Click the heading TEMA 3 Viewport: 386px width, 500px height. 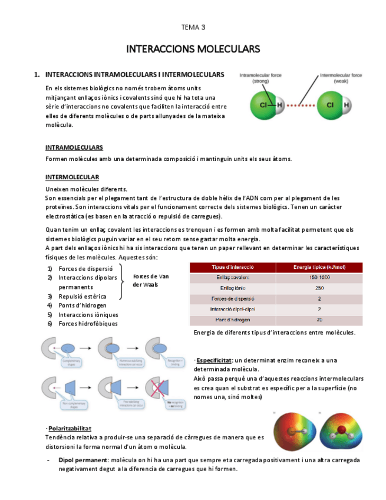193,27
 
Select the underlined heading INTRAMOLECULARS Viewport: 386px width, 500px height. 74,147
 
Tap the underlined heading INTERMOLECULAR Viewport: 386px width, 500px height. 72,177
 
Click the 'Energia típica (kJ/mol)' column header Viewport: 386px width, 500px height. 319,267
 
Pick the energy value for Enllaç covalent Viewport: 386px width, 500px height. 319,277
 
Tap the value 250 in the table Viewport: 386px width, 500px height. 319,288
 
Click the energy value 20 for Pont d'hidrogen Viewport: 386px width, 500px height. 319,320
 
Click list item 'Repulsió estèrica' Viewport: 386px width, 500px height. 83,296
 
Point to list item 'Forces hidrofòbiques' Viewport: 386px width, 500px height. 88,323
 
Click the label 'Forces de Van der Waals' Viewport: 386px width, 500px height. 151,280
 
